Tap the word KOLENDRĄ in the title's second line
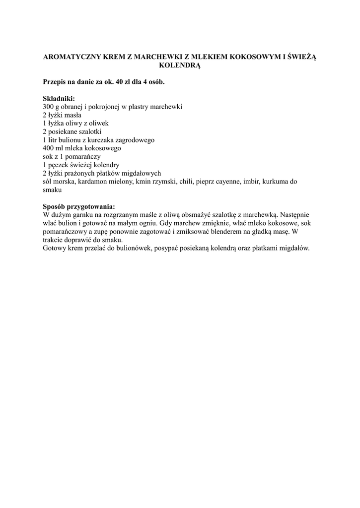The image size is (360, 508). click(179, 65)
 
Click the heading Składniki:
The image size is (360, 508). click(59, 99)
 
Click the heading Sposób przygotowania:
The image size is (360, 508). click(79, 207)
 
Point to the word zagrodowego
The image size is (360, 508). click(133, 140)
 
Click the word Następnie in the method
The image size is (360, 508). click(296, 215)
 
